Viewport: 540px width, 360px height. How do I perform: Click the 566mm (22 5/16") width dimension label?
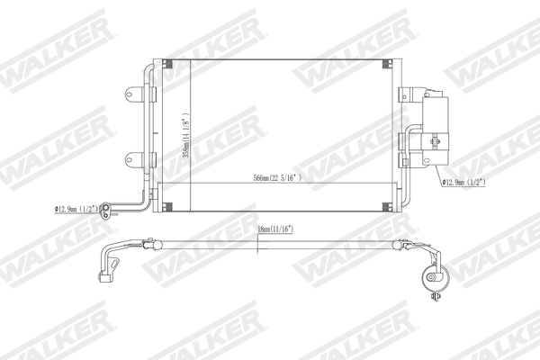tap(277, 178)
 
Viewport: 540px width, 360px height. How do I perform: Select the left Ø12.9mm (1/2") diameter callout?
tap(76, 210)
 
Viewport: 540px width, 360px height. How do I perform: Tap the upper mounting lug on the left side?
tap(133, 93)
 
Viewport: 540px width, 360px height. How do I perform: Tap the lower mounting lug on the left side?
tap(133, 160)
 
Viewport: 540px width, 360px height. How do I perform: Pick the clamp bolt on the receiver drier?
tap(436, 139)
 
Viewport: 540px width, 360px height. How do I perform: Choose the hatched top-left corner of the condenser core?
tap(166, 65)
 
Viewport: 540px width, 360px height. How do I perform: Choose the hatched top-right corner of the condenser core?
tap(389, 65)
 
